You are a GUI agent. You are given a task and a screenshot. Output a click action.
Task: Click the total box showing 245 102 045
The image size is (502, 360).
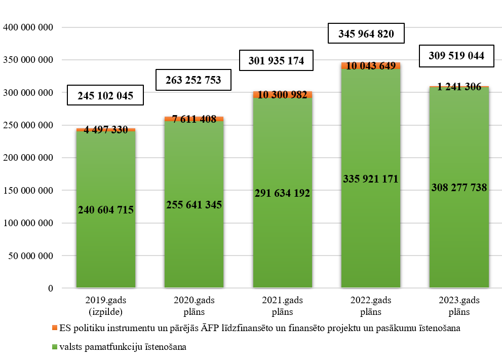(105, 96)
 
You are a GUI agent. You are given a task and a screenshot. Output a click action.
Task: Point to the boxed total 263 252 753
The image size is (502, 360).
(194, 80)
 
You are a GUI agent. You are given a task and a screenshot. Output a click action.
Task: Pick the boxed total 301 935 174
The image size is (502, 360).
(277, 61)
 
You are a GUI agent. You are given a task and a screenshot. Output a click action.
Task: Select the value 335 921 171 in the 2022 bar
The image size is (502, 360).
(371, 178)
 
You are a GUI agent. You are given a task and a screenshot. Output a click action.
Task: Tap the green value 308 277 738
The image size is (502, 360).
(459, 188)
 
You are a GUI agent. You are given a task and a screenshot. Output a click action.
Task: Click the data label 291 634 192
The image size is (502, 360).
(282, 193)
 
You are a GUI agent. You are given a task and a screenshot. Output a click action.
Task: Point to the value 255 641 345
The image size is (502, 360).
(194, 205)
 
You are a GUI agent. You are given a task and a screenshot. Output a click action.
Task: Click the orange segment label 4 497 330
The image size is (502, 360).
(106, 130)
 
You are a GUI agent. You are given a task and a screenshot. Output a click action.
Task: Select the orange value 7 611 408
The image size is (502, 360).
(194, 119)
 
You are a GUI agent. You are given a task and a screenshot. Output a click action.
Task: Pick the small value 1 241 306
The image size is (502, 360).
(459, 87)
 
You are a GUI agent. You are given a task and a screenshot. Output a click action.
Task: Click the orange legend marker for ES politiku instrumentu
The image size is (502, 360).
(54, 328)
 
